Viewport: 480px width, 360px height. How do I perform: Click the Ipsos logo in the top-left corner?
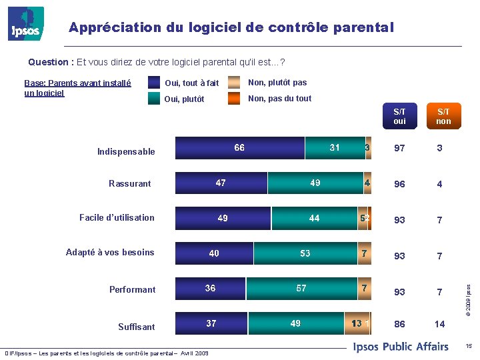tap(26, 24)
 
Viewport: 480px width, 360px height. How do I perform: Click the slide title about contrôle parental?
tap(231, 28)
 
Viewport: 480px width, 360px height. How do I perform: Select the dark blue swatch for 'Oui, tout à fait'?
tap(154, 83)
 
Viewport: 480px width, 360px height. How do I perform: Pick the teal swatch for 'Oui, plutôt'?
tap(154, 99)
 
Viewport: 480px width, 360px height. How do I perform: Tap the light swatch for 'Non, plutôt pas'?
tap(233, 83)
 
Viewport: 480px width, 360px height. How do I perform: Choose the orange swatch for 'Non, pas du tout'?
tap(233, 99)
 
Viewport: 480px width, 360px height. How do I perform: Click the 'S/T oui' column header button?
tap(399, 117)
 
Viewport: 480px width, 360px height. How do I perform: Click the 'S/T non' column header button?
tap(443, 117)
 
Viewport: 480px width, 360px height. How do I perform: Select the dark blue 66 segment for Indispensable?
tap(239, 148)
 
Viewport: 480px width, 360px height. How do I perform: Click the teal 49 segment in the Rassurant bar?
tap(315, 183)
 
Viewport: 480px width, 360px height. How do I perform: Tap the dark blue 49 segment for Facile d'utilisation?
tap(223, 218)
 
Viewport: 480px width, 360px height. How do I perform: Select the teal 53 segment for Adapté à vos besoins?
tap(305, 253)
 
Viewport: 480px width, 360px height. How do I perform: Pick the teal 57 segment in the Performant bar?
tap(301, 289)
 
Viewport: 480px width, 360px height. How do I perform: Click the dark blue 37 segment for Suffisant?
tap(211, 323)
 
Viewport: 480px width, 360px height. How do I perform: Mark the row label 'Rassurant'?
tap(130, 183)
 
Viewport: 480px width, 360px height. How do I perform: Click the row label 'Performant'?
tap(132, 289)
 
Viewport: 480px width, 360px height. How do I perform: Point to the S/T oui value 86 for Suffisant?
tap(399, 325)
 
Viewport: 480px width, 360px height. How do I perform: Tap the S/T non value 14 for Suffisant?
tap(439, 325)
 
